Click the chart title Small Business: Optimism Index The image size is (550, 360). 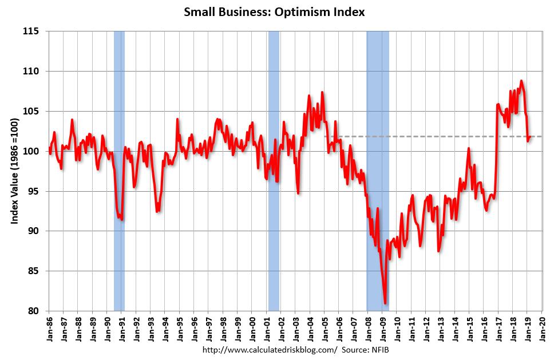click(274, 11)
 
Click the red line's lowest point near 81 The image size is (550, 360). click(385, 303)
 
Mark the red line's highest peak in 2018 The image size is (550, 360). click(521, 81)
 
